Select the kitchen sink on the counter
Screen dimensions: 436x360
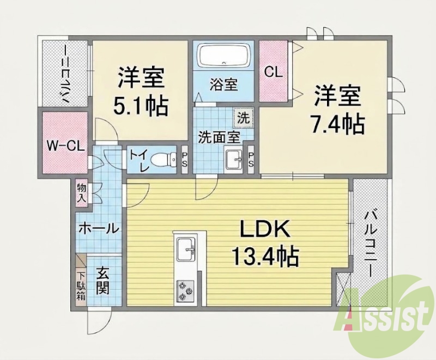[x=186, y=249]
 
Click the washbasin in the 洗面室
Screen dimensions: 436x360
[x=234, y=160]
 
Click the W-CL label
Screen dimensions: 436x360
[x=65, y=146]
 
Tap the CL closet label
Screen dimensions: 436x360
[x=274, y=72]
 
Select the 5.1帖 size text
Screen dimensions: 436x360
[x=141, y=106]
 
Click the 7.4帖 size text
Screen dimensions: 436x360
[x=337, y=124]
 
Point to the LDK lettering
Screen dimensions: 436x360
[x=265, y=228]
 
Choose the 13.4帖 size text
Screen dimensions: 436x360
[x=265, y=256]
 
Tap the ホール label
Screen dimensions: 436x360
[x=99, y=228]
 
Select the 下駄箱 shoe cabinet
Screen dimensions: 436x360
[x=81, y=286]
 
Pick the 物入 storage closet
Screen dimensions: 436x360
[x=82, y=193]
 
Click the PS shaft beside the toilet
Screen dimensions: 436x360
[x=185, y=160]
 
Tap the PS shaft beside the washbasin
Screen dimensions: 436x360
[x=251, y=160]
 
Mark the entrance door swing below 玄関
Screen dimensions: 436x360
[x=99, y=321]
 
